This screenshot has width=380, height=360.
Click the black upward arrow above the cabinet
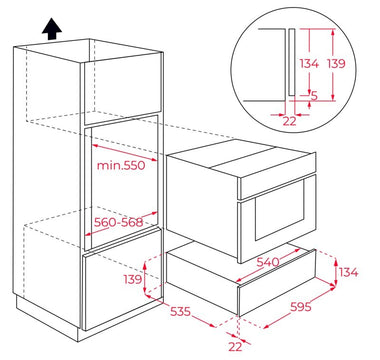[x=52, y=29]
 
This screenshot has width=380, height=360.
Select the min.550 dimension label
[x=121, y=165]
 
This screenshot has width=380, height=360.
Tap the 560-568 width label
[x=118, y=222]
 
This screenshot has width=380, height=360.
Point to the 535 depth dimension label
[x=180, y=311]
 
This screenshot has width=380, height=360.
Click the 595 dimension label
[x=301, y=306]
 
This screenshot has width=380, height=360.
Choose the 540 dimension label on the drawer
[x=268, y=262]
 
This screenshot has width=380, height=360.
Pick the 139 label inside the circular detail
[x=336, y=63]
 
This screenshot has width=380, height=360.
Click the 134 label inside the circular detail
[x=309, y=63]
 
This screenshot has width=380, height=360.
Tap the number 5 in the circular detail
[x=314, y=96]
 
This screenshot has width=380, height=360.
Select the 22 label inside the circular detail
[x=289, y=121]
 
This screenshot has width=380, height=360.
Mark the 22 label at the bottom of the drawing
[x=235, y=347]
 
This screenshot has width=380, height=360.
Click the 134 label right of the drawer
[x=349, y=272]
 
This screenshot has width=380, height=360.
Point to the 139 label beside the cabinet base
[x=133, y=279]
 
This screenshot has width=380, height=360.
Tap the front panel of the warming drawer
[x=277, y=282]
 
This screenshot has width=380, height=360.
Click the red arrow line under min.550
[x=124, y=153]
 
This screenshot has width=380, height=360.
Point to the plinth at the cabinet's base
[x=47, y=318]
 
